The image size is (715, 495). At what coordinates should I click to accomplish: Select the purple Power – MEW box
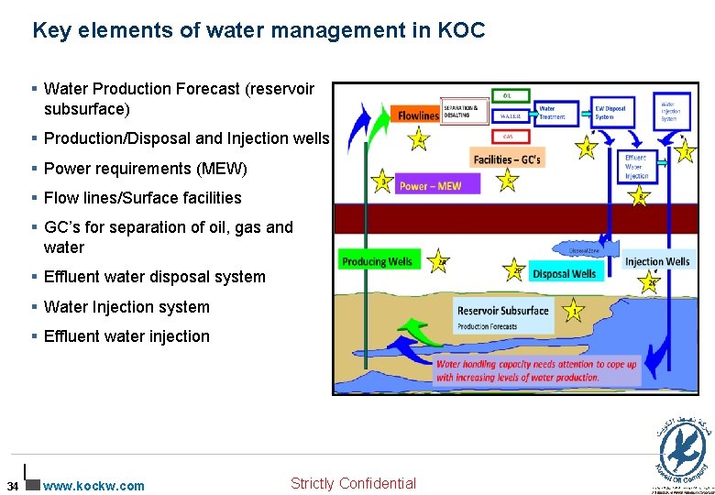click(430, 186)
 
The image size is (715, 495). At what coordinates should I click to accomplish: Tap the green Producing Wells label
click(377, 261)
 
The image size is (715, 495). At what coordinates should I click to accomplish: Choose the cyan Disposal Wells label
click(564, 273)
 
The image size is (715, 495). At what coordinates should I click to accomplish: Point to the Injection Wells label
click(656, 261)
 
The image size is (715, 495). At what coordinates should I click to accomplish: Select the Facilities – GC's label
click(507, 160)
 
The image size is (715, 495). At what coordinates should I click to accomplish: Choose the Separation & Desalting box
click(465, 112)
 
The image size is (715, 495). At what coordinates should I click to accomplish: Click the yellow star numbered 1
click(574, 310)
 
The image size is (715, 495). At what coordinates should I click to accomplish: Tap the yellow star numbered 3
click(381, 181)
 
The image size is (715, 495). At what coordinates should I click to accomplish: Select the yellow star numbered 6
click(587, 148)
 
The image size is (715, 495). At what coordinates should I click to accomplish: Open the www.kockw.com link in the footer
click(94, 486)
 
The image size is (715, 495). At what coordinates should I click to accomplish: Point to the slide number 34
click(11, 486)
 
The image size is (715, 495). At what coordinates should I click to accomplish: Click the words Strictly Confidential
click(353, 483)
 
